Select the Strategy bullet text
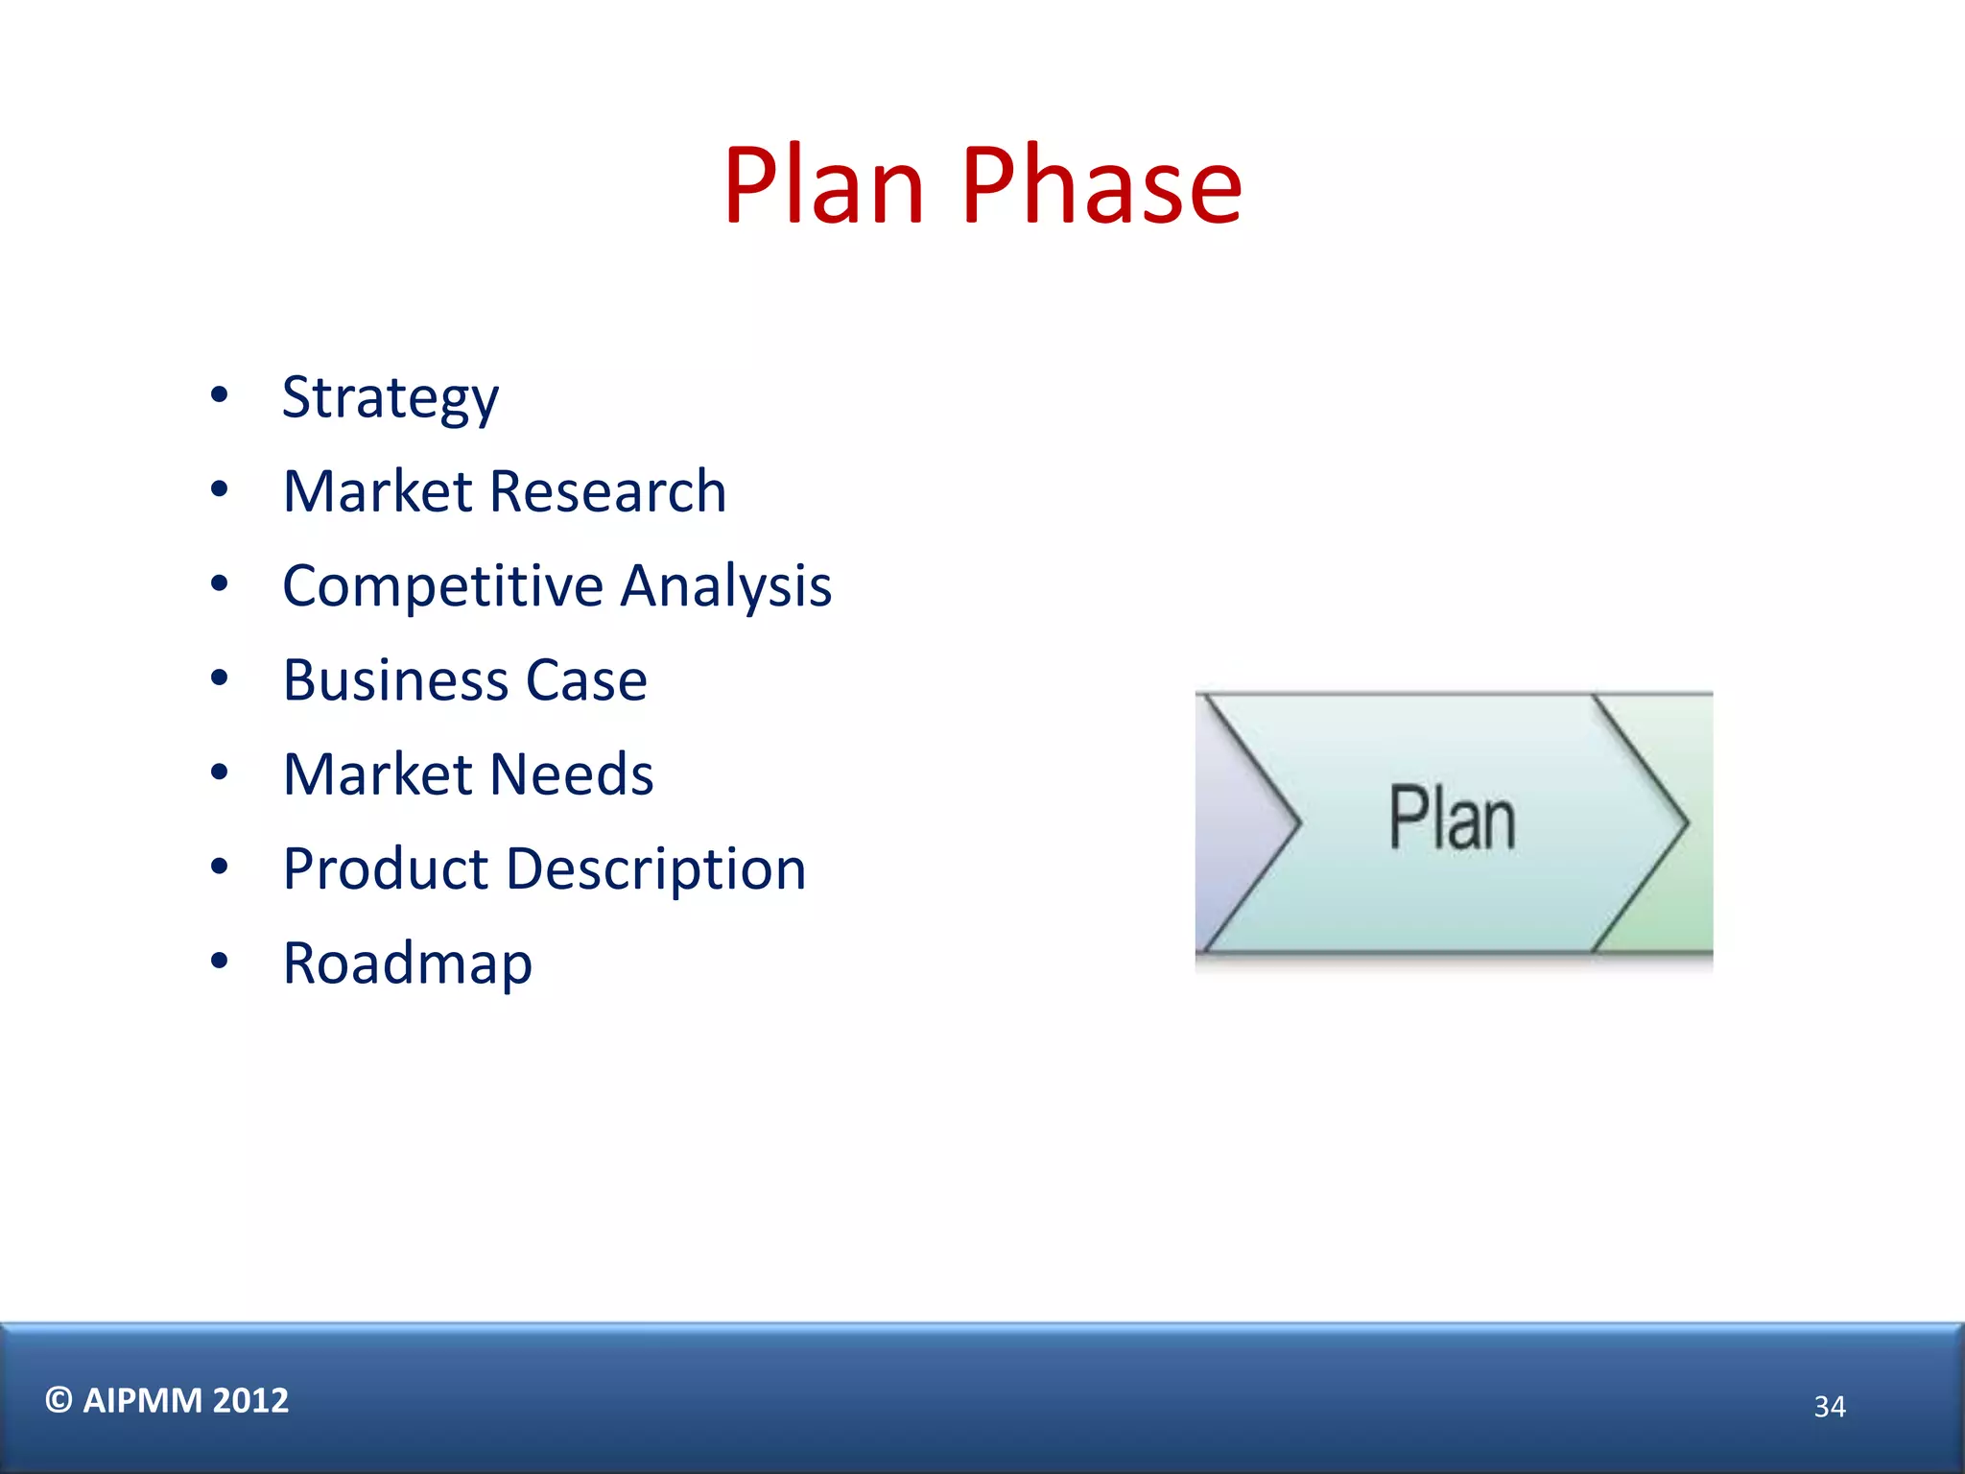pyautogui.click(x=391, y=397)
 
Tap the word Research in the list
pyautogui.click(x=607, y=491)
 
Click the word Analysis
pyautogui.click(x=726, y=585)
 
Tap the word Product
pyautogui.click(x=386, y=869)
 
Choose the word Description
pyautogui.click(x=656, y=869)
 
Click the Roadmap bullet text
pyautogui.click(x=408, y=963)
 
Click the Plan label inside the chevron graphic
pyautogui.click(x=1453, y=819)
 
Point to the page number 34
pyautogui.click(x=1830, y=1407)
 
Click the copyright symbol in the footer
pyautogui.click(x=59, y=1400)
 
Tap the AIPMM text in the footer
pyautogui.click(x=143, y=1401)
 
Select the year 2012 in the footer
pyautogui.click(x=250, y=1401)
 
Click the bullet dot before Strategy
pyautogui.click(x=220, y=394)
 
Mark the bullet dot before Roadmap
pyautogui.click(x=220, y=961)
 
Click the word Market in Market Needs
pyautogui.click(x=378, y=774)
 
